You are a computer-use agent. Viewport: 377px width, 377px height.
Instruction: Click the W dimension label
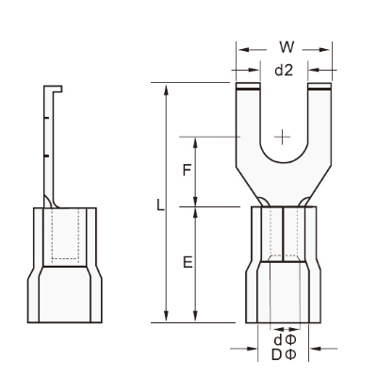coord(287,47)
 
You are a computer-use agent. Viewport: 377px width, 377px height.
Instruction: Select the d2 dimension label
coord(284,71)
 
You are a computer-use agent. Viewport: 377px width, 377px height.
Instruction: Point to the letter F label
coord(187,171)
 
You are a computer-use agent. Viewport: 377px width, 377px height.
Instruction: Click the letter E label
coord(188,262)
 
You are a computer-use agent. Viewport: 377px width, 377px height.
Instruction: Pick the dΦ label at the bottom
coord(285,340)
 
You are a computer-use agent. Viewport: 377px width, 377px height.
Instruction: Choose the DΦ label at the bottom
coord(284,355)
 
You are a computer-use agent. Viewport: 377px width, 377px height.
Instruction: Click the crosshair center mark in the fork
coord(283,137)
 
